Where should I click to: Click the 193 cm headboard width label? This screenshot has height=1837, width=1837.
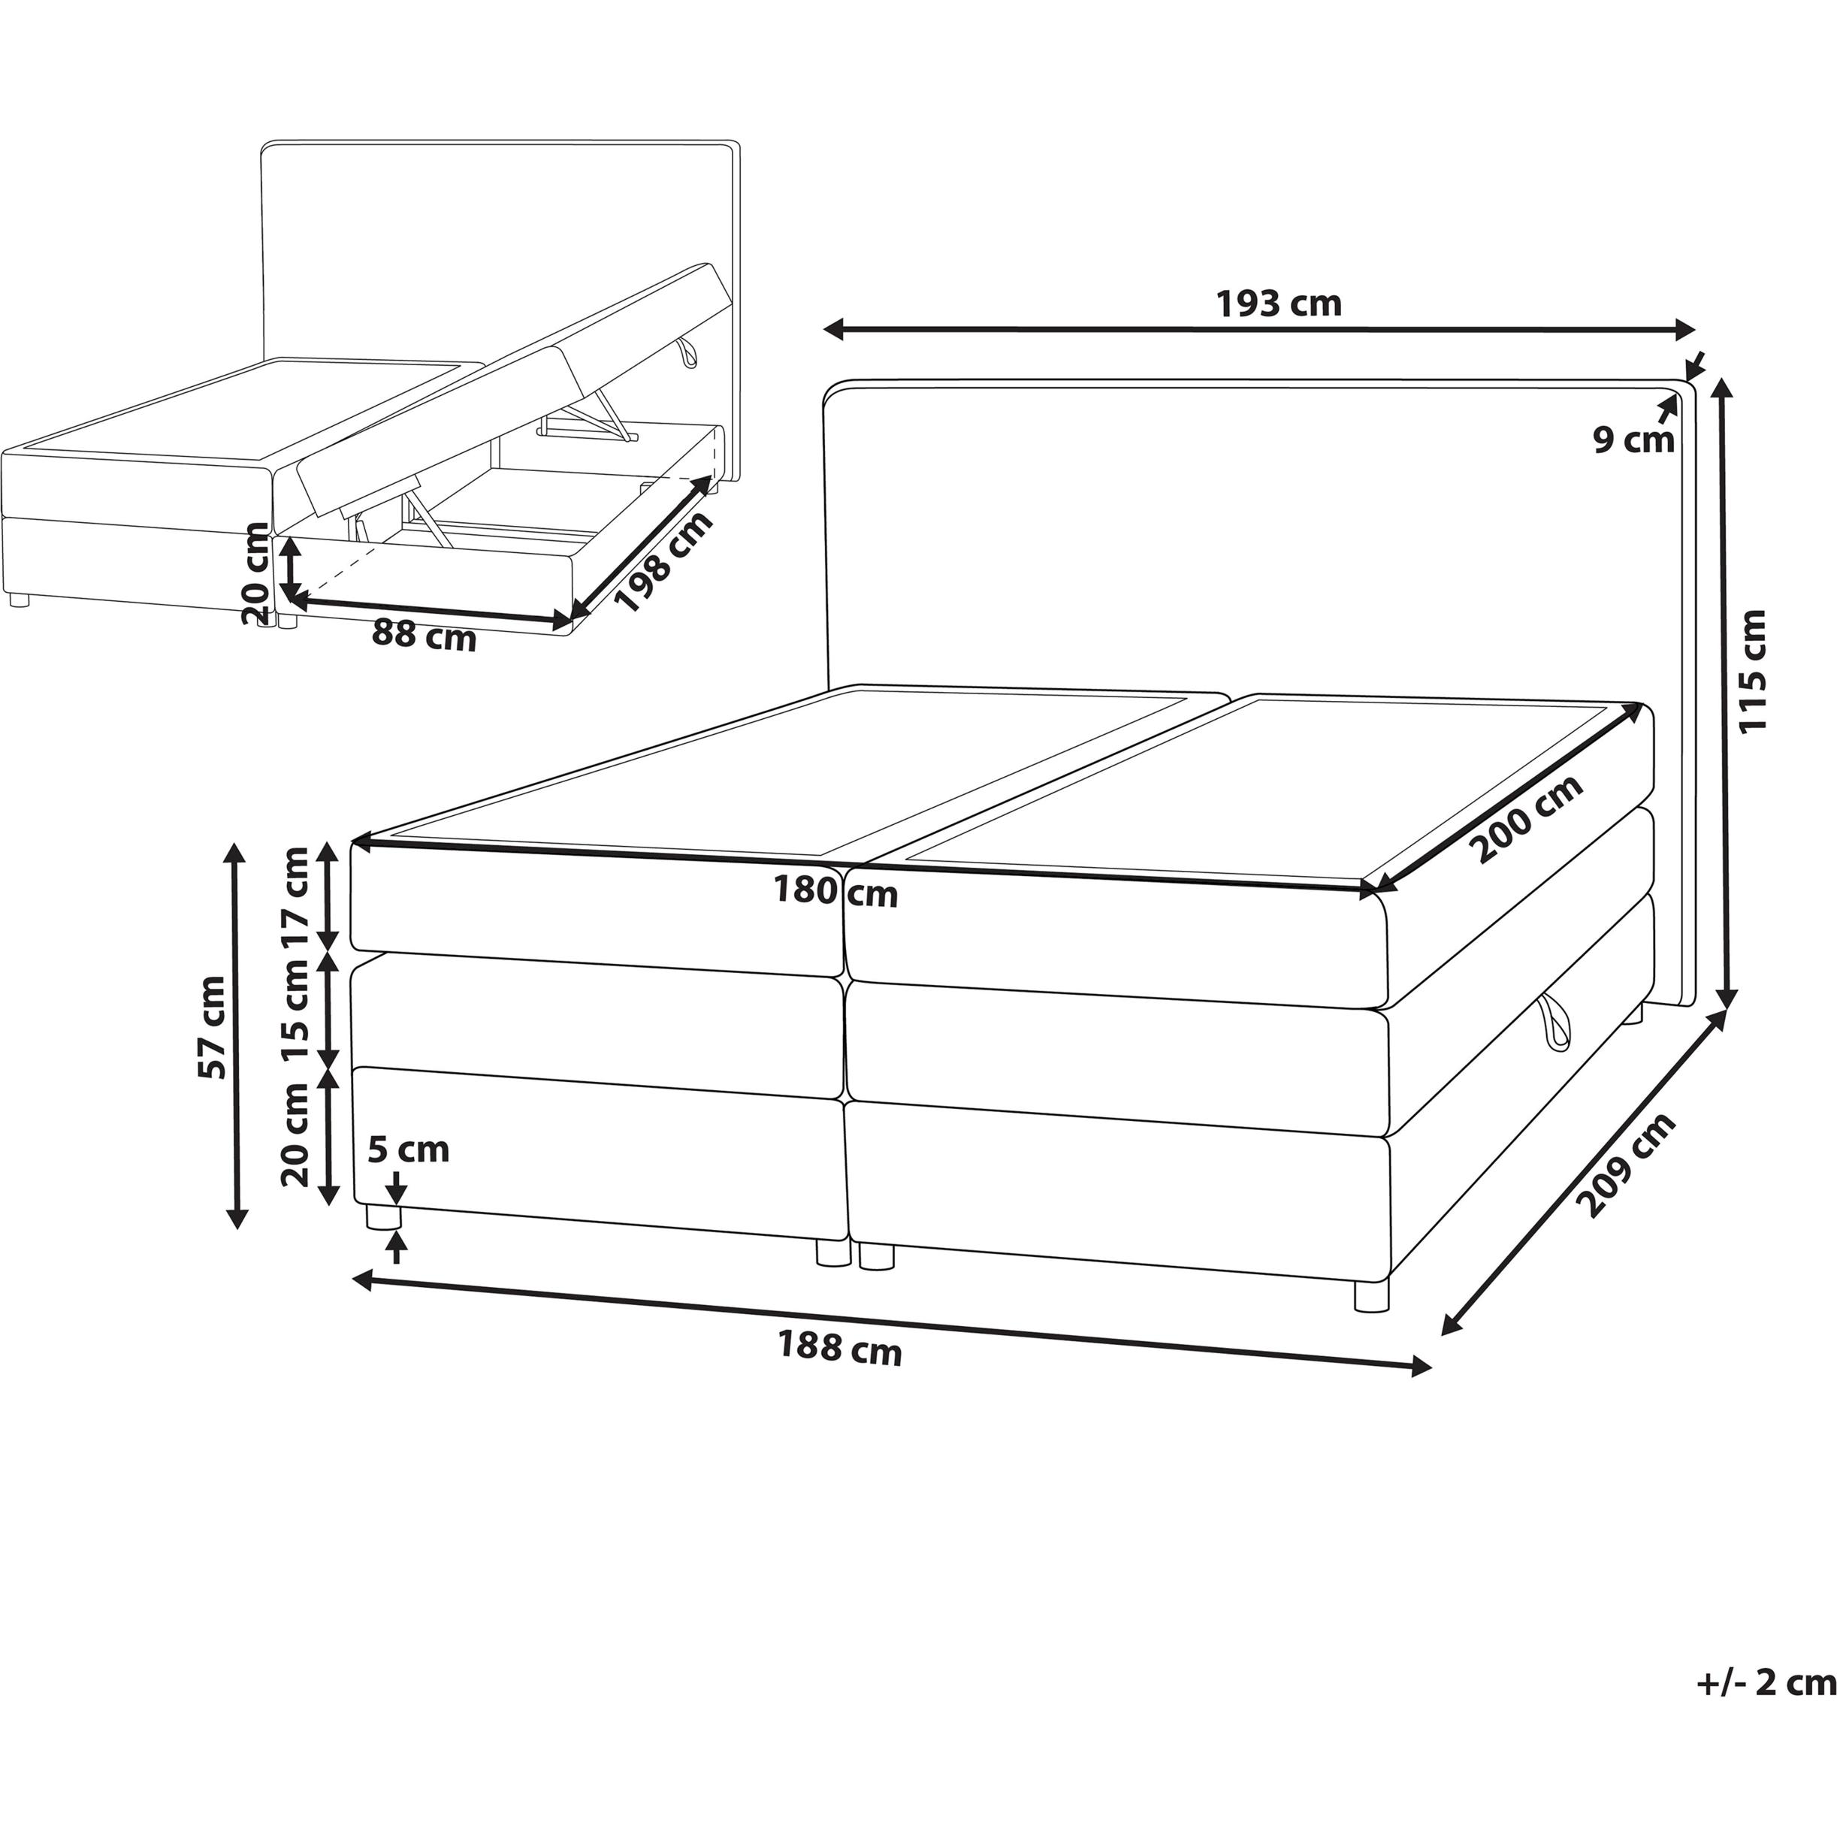click(x=1279, y=304)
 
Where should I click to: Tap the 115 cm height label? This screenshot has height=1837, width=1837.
click(x=1751, y=670)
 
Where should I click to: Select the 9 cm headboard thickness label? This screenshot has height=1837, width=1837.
click(x=1633, y=440)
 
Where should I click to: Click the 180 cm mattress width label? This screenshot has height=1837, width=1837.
click(x=835, y=891)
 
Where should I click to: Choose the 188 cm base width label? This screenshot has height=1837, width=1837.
click(x=839, y=1349)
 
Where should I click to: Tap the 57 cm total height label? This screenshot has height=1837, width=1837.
click(x=211, y=1027)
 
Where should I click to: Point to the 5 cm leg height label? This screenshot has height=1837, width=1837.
click(x=408, y=1150)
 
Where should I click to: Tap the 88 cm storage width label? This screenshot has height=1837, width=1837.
click(x=423, y=634)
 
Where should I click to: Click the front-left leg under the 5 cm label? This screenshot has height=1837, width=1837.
click(x=384, y=1218)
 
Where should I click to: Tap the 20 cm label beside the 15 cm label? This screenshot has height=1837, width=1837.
click(x=296, y=1135)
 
